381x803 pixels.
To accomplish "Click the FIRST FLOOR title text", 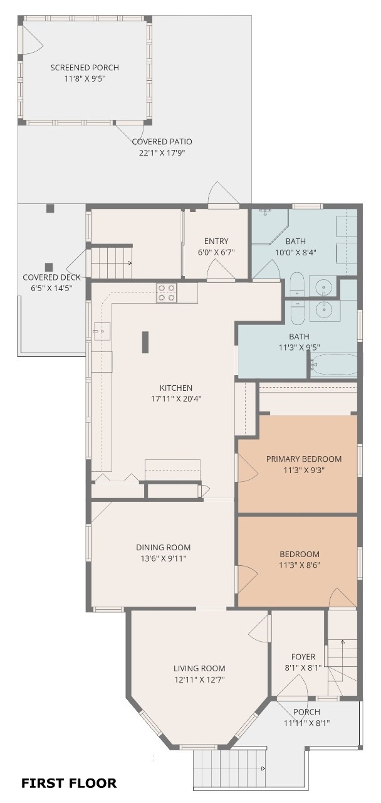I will pos(69,783).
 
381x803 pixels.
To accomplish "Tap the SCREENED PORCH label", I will pos(85,68).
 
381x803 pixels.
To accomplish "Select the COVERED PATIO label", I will pos(162,142).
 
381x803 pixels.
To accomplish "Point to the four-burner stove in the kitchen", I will pos(166,293).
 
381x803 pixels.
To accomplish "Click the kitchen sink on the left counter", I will pos(102,331).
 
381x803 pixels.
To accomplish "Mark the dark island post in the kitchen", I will pos(145,343).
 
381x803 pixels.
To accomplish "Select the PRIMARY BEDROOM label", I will pos(304,459).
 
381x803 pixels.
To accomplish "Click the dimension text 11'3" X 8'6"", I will pos(300,565).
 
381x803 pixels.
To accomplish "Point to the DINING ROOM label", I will pos(163,547).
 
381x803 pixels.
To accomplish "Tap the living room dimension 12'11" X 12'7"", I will pos(199,679).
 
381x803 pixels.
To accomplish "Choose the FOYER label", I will pos(303,657).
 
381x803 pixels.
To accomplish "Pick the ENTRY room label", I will pos(216,241).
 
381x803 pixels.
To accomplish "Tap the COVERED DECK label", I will pos(48,277).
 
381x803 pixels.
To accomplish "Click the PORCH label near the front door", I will pos(306,711).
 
